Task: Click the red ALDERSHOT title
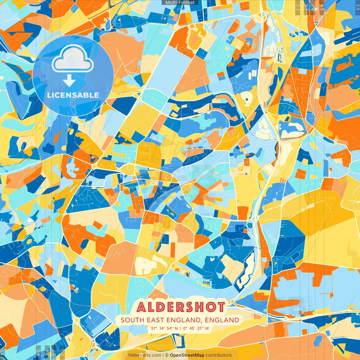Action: coord(181,307)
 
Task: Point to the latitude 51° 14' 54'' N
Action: coord(165,328)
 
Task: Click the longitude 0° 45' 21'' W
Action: coord(196,328)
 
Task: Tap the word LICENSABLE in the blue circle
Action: coord(73,95)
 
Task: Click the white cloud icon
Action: coord(73,59)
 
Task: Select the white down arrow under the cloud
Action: coord(69,80)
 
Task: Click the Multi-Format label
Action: coord(180,3)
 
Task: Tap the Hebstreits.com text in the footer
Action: coord(145,355)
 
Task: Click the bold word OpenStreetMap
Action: coord(187,355)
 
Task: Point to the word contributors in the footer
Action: coord(219,355)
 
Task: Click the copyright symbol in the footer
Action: coord(167,355)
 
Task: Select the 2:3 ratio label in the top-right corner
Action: coord(298,7)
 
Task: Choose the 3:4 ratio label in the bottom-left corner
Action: coord(47,352)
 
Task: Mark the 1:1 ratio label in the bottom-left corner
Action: coord(2,352)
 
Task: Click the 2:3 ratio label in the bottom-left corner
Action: coord(62,352)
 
